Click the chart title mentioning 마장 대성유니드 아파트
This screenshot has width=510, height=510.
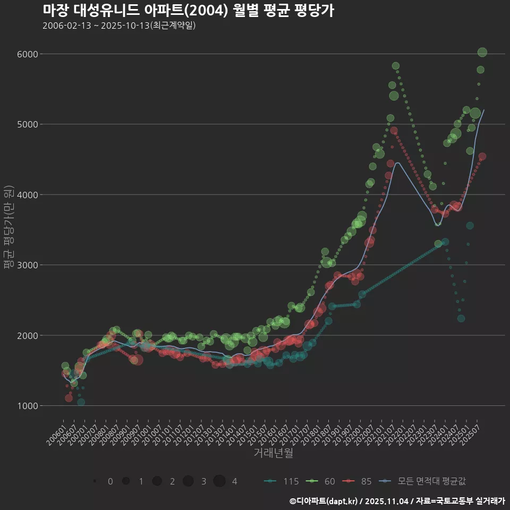188,11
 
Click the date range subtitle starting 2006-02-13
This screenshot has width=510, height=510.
119,25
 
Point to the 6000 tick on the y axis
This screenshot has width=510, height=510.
27,54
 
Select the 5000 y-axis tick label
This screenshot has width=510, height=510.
27,124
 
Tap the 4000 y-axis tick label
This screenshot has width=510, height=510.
27,194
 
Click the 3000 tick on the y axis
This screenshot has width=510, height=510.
27,265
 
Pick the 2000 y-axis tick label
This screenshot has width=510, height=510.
27,335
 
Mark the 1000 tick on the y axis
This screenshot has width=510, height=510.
27,406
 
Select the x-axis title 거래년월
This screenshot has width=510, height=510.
273,453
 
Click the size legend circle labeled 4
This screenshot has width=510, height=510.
219,481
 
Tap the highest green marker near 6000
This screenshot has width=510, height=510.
482,52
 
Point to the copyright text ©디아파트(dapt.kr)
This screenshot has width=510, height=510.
324,501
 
